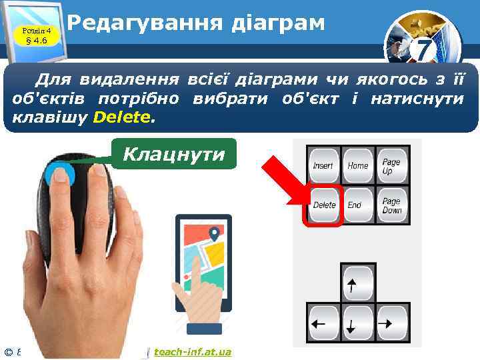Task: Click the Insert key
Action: pos(323,165)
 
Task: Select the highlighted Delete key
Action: pos(324,205)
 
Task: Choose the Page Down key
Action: pos(391,205)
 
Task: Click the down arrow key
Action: pos(357,324)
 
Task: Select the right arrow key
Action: pos(393,324)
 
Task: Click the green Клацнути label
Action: pos(173,155)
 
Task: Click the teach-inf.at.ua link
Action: pos(192,351)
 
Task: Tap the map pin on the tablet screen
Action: pos(214,234)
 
